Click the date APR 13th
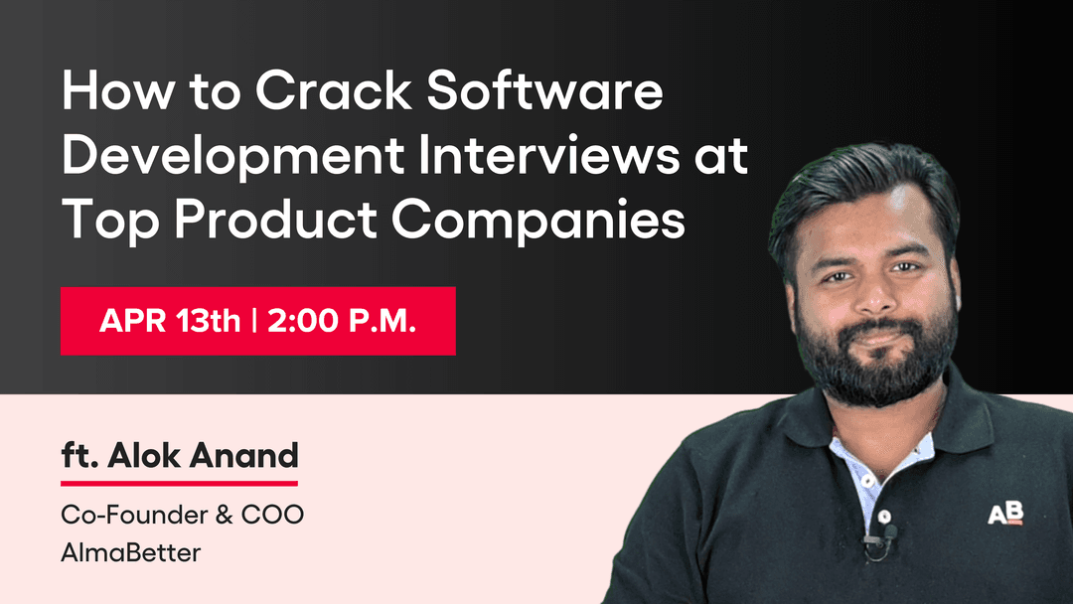(x=170, y=322)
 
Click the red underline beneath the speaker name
(x=179, y=483)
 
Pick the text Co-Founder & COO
(x=182, y=517)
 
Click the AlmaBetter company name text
(x=130, y=551)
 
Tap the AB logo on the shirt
(x=1004, y=514)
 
